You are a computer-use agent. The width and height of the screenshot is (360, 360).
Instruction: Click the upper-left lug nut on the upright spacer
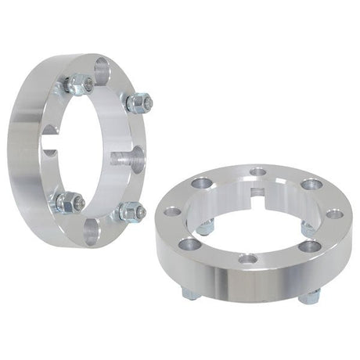(80, 84)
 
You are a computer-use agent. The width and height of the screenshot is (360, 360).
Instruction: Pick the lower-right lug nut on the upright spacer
(129, 211)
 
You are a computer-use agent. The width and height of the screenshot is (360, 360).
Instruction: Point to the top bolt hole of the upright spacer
(102, 71)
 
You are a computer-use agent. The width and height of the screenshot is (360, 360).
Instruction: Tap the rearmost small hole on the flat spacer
(257, 171)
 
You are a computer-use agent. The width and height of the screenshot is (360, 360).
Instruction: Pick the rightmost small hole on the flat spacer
(333, 213)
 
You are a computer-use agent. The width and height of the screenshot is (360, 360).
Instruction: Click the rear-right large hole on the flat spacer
(311, 185)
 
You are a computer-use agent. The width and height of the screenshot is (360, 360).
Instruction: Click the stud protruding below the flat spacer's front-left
(191, 293)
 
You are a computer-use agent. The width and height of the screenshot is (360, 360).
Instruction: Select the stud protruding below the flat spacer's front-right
(308, 296)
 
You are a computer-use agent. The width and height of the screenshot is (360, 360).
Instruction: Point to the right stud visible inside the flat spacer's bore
(308, 229)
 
